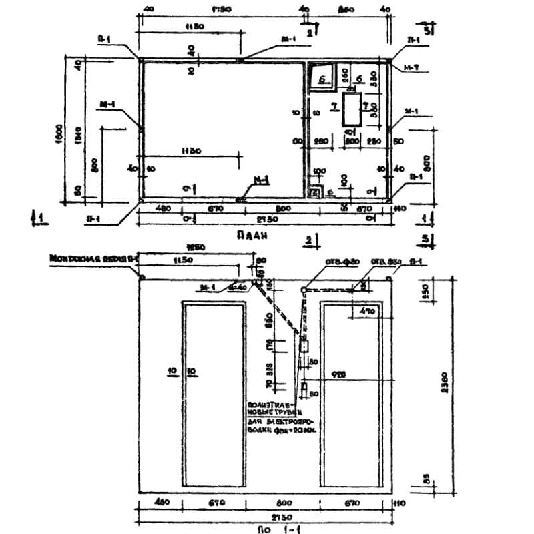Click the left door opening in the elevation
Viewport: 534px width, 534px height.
[212, 394]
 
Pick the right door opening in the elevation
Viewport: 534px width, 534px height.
[351, 394]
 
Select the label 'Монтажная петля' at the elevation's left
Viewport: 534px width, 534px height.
[93, 256]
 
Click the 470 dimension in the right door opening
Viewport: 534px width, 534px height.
[366, 311]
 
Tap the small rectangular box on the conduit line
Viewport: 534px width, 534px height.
[304, 346]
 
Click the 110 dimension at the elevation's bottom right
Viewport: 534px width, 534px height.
[400, 503]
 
